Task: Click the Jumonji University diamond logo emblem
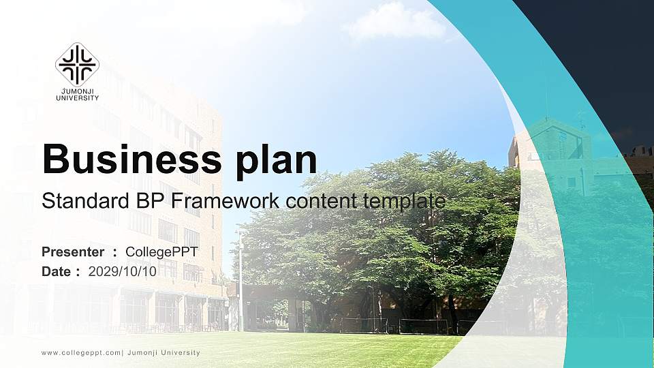pos(77,64)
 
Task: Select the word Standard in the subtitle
pos(79,201)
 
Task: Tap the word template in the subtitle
pos(405,201)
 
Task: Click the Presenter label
pos(73,252)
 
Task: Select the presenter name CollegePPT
pos(161,252)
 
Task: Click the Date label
pos(57,271)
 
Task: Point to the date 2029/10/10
pos(123,271)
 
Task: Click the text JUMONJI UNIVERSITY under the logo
pos(77,95)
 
